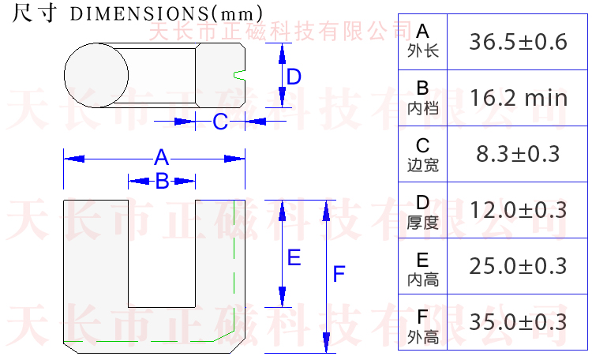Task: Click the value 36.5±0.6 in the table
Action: [x=518, y=42]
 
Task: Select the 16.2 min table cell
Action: [x=518, y=98]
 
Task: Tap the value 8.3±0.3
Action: [x=518, y=154]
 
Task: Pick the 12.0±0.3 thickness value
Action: [x=518, y=210]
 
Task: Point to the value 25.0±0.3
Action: [x=518, y=266]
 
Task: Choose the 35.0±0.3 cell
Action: [x=518, y=322]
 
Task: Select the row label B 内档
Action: [x=422, y=98]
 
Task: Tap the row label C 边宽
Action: [x=422, y=154]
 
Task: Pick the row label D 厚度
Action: [x=422, y=210]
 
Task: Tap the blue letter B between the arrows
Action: [x=161, y=181]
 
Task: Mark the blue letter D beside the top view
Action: [x=294, y=77]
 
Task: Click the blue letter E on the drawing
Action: [x=294, y=257]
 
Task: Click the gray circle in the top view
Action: [x=96, y=75]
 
